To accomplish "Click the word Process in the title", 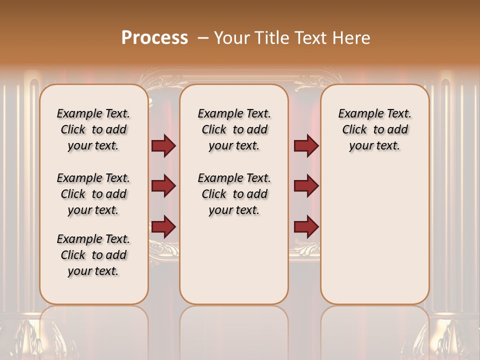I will tap(154, 37).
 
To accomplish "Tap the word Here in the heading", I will tap(352, 37).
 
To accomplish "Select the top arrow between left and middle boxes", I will tap(163, 146).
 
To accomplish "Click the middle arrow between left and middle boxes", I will tap(163, 186).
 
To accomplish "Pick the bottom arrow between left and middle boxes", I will tap(163, 226).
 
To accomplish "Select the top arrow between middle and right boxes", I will tap(306, 146).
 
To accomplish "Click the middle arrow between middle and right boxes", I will tap(306, 186).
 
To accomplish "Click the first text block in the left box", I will tap(93, 129).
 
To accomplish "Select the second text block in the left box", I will tap(93, 194).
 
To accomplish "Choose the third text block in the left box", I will tap(93, 255).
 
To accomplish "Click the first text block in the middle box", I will tap(234, 129).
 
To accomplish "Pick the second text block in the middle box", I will tap(234, 194).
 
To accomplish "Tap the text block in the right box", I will tap(374, 129).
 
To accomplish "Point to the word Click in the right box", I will tap(354, 130).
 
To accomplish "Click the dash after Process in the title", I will tap(203, 38).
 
